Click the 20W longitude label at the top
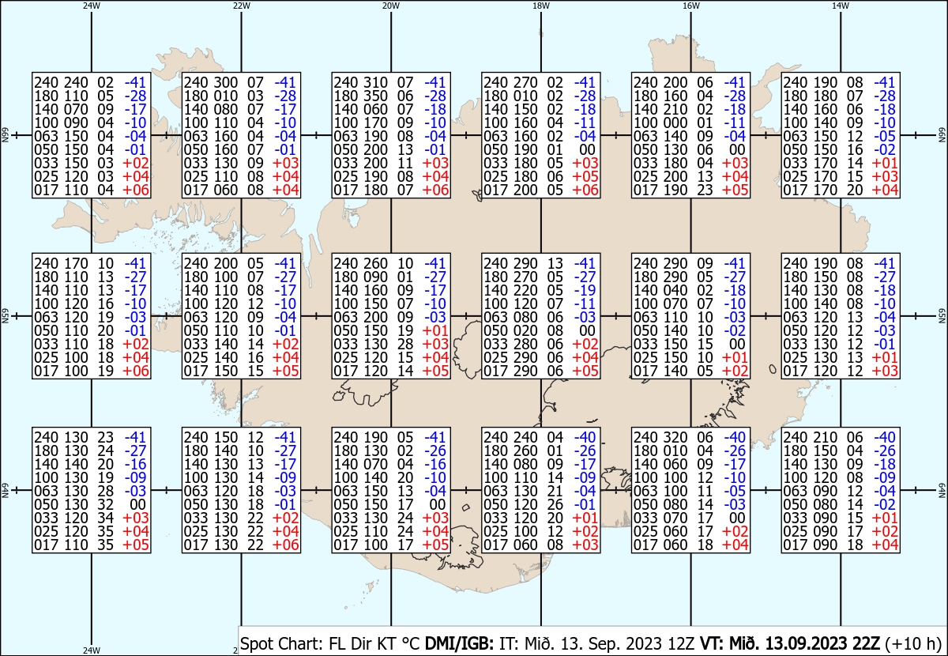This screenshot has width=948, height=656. (x=390, y=6)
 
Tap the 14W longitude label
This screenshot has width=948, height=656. (x=840, y=6)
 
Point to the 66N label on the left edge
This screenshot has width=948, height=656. (x=5, y=135)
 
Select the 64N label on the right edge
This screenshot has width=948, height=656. (x=942, y=490)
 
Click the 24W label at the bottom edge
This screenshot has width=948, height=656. (x=92, y=650)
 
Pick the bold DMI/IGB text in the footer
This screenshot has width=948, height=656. (x=459, y=643)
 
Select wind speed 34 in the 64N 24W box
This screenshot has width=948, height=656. (x=105, y=518)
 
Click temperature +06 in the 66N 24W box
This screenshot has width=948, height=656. (x=135, y=190)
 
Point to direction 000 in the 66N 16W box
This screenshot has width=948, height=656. (x=675, y=123)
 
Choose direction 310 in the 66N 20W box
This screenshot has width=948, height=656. (x=375, y=82)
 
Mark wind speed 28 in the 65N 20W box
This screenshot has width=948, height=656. (x=405, y=344)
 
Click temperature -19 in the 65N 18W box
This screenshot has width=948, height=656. (x=585, y=291)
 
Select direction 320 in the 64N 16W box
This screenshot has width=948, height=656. (x=675, y=438)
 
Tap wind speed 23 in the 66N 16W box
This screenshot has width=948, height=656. (x=705, y=190)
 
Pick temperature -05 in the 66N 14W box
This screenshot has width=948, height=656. (x=885, y=137)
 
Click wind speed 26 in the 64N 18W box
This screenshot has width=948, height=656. (x=555, y=504)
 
